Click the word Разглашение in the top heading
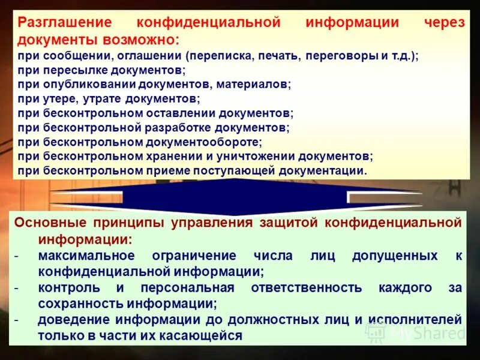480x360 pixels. [x=65, y=23]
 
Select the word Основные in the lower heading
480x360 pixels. [x=50, y=223]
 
